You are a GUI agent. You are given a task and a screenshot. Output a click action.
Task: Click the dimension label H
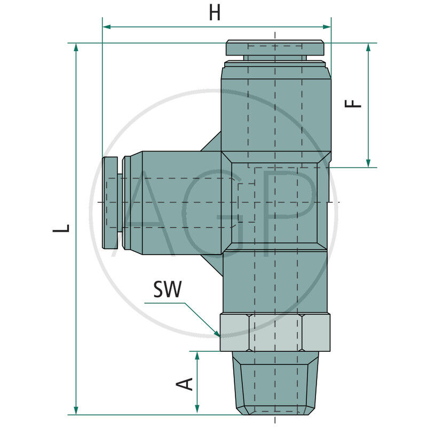coord(215,12)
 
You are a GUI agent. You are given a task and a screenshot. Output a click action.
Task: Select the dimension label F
coord(354,102)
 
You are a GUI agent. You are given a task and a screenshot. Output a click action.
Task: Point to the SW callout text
coord(168,290)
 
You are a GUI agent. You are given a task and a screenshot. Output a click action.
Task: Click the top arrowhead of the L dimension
coord(77,47)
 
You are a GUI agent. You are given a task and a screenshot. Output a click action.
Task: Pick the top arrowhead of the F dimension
coord(368,47)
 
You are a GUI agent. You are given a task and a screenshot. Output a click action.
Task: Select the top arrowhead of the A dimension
coord(198,355)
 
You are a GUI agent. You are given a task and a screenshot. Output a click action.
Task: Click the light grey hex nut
coord(275,332)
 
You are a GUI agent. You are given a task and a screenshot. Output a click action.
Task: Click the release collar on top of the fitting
coord(274,48)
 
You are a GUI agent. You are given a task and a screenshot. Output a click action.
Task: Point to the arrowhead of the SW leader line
coord(218,334)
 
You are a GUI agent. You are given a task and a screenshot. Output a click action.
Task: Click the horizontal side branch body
coord(176,202)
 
